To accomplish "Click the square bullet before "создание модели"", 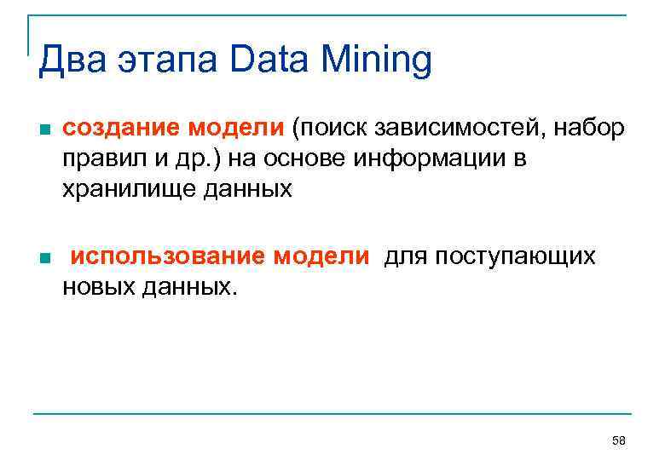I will tap(44, 130).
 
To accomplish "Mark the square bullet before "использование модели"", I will tap(44, 258).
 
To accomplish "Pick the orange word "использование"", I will tap(171, 256).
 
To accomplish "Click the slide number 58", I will tap(619, 440).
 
